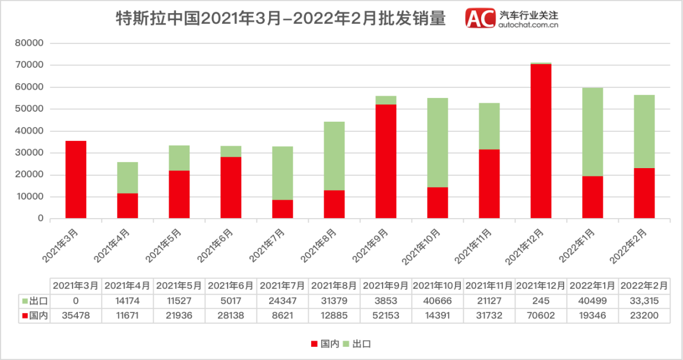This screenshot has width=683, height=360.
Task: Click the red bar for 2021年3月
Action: [76, 179]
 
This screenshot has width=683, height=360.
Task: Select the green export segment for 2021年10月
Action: [438, 143]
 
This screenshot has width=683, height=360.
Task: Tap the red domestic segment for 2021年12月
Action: [541, 141]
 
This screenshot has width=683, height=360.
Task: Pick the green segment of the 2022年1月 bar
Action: [593, 132]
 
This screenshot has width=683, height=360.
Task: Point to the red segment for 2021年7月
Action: [283, 209]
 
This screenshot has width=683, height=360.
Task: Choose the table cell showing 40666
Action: [438, 300]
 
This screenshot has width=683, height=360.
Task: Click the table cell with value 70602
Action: [541, 315]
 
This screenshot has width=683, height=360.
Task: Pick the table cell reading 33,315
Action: [644, 300]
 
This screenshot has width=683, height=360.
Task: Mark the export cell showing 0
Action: [76, 300]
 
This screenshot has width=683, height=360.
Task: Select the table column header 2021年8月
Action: [334, 286]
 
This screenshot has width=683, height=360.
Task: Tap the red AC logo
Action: [480, 18]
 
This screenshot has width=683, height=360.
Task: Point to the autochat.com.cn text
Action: [529, 25]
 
